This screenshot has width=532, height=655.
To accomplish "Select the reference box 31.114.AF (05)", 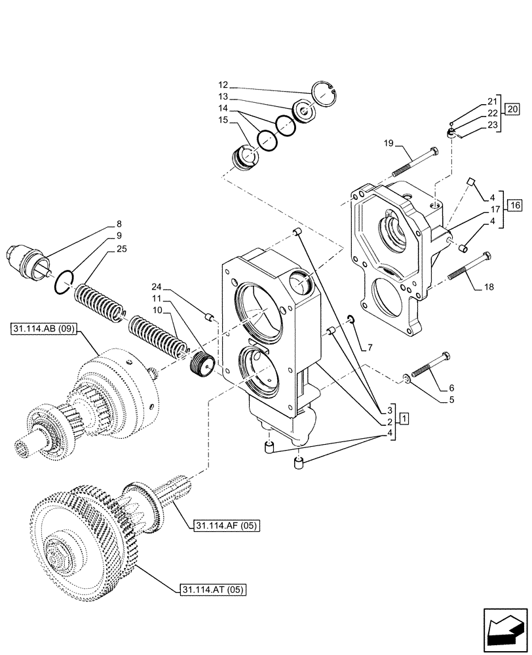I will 225,526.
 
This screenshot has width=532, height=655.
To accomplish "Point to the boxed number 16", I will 514,205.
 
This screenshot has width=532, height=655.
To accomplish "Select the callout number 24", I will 154,286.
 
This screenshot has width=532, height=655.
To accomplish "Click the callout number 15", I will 223,120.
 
